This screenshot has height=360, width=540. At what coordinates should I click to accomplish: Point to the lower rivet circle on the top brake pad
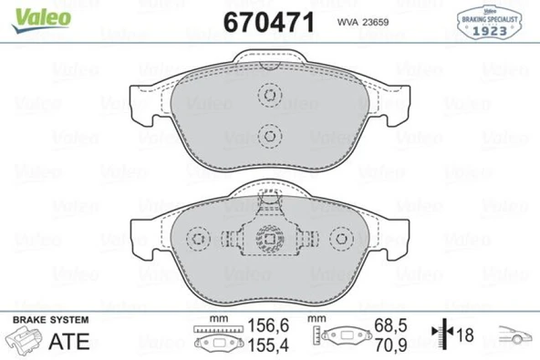coord(269,136)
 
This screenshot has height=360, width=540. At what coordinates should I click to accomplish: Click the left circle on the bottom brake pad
coord(196,240)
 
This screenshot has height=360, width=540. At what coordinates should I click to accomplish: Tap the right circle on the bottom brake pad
coord(342,240)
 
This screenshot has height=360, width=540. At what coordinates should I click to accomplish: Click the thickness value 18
coord(466,334)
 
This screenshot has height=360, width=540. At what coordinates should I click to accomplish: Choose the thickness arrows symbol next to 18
coord(447,334)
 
